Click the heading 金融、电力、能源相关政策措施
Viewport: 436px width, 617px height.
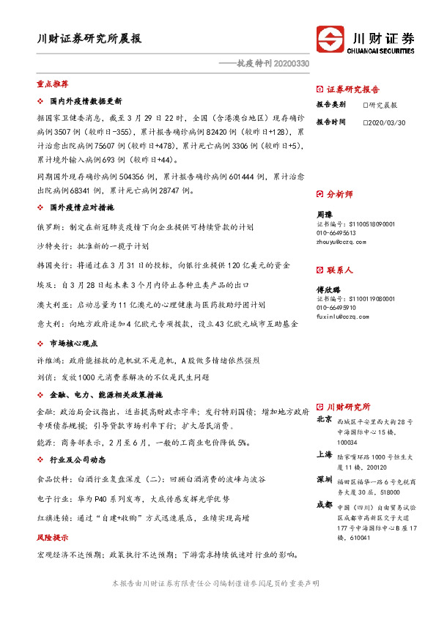click(x=97, y=394)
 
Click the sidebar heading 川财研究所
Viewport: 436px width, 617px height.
click(x=348, y=407)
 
